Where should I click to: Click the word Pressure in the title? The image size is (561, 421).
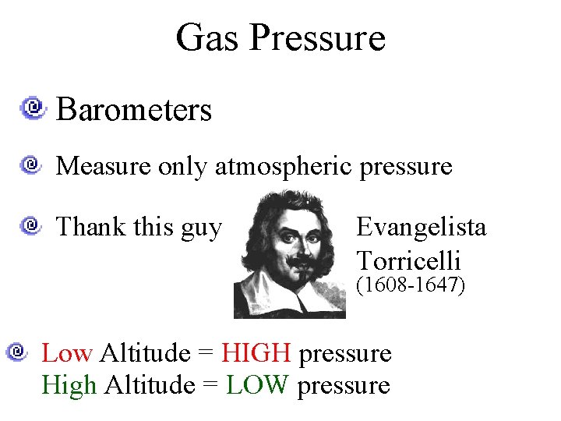pos(318,37)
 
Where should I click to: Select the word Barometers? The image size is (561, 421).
pos(134,110)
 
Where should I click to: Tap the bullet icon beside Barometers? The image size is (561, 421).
pos(34,107)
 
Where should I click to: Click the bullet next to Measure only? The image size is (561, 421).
pos(32,165)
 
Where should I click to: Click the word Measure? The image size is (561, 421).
pos(104,166)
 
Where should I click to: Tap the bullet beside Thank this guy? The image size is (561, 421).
pos(32,226)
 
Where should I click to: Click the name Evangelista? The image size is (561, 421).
pos(421,227)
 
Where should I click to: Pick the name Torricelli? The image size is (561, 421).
pos(408,260)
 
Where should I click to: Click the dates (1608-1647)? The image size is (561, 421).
pos(411,285)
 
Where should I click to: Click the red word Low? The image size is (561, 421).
pos(67,353)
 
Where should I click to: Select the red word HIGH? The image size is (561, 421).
pos(256,353)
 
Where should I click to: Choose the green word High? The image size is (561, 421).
pos(69,384)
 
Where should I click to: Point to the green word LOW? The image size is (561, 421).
pos(258,384)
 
